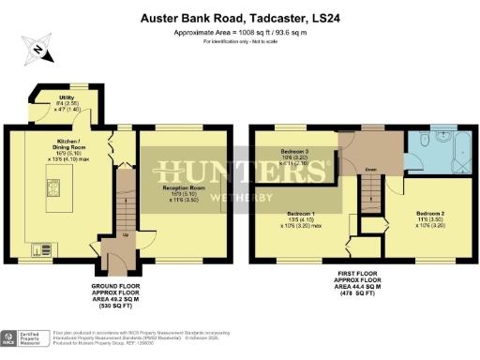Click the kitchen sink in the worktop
(x=41, y=249)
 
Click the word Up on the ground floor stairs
(x=126, y=237)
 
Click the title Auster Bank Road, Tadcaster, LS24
(x=240, y=17)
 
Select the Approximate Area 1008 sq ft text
(x=240, y=32)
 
